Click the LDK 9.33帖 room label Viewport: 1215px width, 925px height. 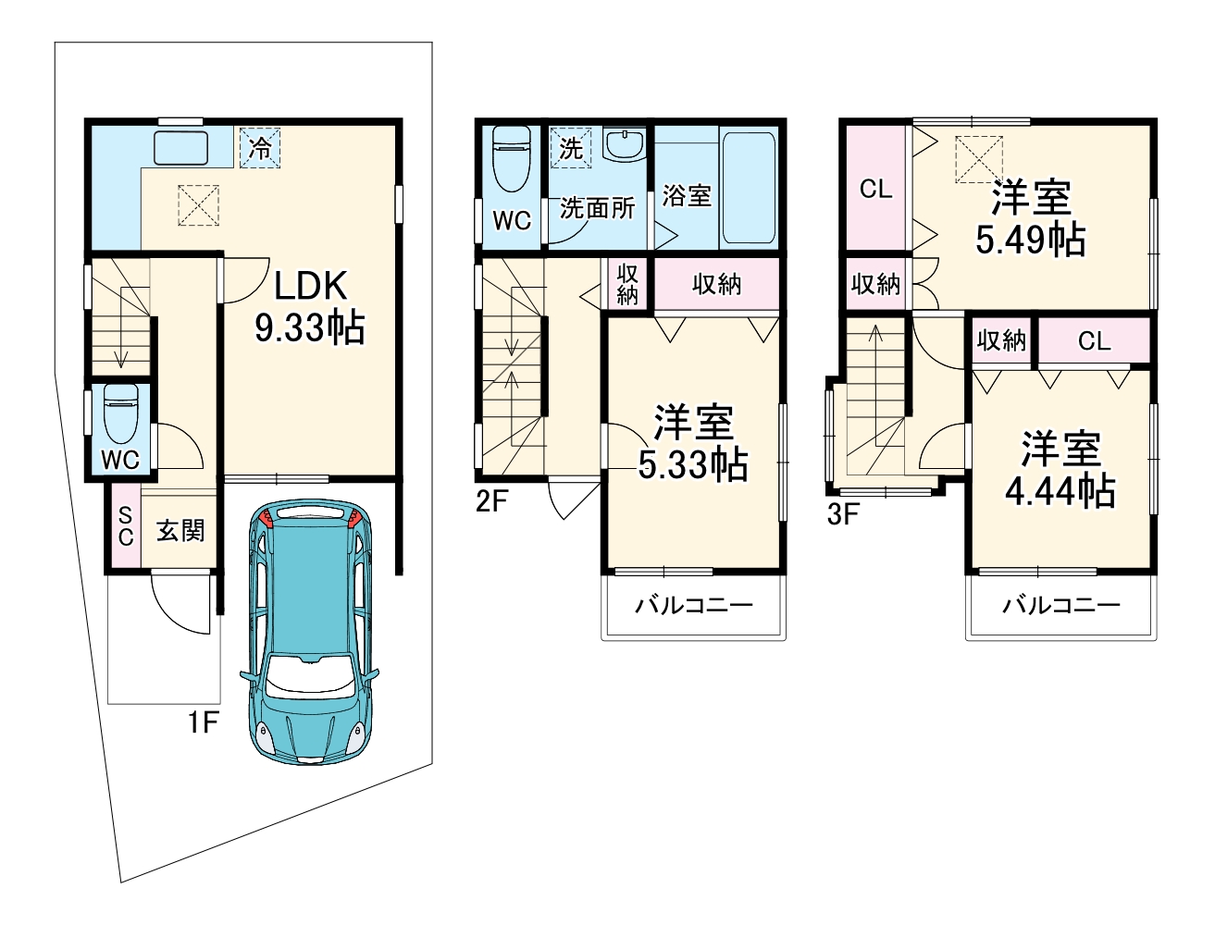(x=310, y=306)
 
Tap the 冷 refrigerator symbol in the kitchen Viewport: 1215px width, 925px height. (x=260, y=147)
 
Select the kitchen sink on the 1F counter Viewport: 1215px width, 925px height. (x=180, y=148)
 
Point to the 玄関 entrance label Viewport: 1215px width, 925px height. (x=180, y=531)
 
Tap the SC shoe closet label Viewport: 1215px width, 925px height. (x=126, y=526)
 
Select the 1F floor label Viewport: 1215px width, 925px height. (x=204, y=722)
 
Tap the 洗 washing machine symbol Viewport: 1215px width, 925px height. (x=571, y=148)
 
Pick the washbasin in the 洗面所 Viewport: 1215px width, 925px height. (x=624, y=145)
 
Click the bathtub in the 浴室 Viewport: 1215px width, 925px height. (x=749, y=187)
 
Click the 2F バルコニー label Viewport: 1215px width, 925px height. (x=694, y=605)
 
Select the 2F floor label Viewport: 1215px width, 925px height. (x=491, y=501)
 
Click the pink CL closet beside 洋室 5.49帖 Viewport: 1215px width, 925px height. (x=875, y=188)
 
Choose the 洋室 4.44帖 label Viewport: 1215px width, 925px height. (x=1060, y=469)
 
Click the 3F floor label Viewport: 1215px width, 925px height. (x=843, y=514)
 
